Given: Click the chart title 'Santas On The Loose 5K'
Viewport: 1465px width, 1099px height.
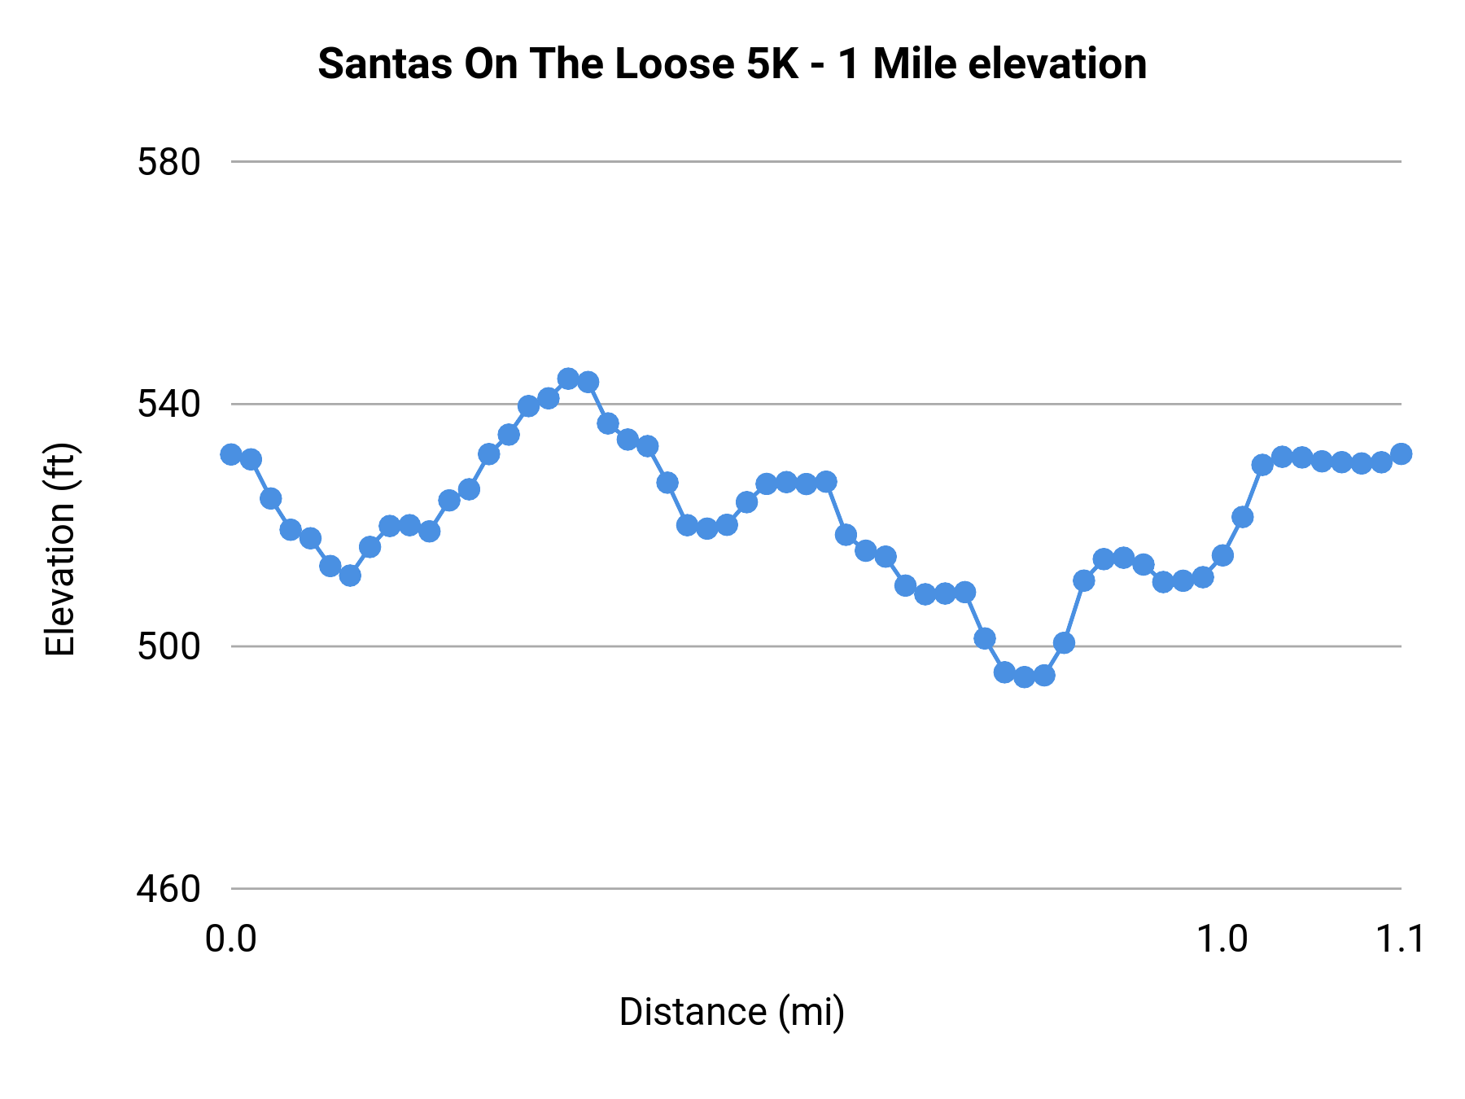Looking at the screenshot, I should pos(732,63).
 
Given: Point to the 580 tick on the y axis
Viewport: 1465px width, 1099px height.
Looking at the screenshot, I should pos(168,162).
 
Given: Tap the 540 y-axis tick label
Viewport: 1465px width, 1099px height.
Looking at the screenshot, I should pos(168,404).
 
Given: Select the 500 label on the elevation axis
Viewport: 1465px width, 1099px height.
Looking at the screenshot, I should pos(168,646).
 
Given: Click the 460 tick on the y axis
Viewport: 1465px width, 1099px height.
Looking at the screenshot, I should pos(168,889).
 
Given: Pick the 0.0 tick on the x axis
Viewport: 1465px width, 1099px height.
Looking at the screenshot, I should pos(231,939).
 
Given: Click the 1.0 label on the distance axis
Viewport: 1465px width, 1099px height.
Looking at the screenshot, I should pos(1222,939).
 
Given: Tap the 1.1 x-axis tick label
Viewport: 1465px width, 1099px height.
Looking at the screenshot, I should pos(1400,939).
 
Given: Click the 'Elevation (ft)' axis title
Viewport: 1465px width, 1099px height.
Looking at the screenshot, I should pos(60,549).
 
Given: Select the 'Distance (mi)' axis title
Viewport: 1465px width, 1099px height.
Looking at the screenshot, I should pos(732,1012).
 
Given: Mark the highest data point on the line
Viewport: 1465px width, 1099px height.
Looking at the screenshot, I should pos(568,379).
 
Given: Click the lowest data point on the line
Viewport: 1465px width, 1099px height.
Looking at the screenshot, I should pos(1025,676).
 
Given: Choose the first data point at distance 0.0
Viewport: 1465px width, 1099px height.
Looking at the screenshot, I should pos(231,454).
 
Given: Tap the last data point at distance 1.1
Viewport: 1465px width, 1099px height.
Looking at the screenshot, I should pos(1401,453).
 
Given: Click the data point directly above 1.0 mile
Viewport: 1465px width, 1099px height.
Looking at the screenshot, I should pos(1222,555).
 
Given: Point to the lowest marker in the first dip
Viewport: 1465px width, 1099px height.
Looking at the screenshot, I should pos(350,576).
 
